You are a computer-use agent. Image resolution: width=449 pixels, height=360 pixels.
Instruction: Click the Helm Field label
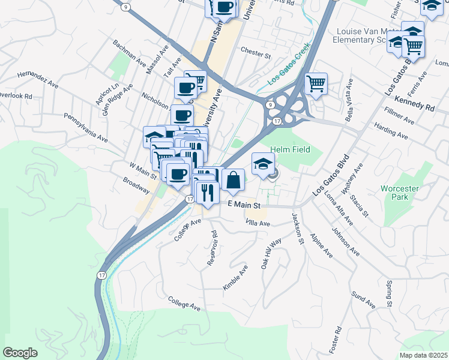(x=290, y=149)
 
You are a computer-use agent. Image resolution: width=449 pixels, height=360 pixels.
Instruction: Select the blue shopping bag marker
(x=233, y=179)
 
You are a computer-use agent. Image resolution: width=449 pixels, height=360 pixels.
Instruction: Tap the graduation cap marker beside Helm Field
(x=263, y=164)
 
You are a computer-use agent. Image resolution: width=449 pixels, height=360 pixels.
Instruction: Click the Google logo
(x=20, y=353)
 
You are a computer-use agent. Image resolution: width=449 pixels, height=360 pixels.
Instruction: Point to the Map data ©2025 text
(x=423, y=355)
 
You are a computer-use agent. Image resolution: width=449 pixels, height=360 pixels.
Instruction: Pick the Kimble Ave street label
(x=235, y=279)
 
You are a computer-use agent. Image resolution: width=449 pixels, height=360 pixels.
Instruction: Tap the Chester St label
(x=256, y=53)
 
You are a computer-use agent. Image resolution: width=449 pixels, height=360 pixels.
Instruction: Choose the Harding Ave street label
(x=390, y=130)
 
